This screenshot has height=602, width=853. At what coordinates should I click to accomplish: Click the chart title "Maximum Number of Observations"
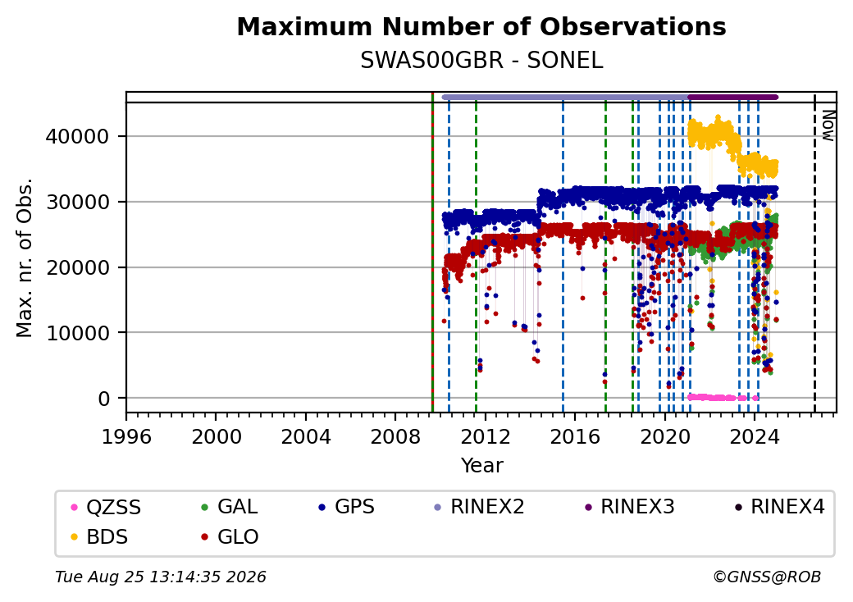tap(481, 26)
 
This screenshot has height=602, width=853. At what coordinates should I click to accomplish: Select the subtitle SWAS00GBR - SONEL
tap(481, 61)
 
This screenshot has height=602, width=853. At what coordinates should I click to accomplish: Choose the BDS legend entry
tap(100, 536)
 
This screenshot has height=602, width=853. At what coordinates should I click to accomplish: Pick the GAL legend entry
tap(230, 507)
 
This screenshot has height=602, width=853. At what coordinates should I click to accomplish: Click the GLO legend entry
tap(230, 536)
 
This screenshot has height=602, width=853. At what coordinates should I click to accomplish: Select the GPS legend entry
tap(346, 507)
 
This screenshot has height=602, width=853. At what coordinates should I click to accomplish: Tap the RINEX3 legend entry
tap(629, 507)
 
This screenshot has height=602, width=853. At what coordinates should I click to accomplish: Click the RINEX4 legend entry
tap(779, 507)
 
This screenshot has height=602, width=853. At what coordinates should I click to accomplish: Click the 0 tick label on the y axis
tap(104, 399)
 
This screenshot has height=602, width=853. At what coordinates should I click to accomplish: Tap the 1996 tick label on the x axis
tap(127, 436)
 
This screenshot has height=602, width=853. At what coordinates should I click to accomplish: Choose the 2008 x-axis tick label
tap(395, 436)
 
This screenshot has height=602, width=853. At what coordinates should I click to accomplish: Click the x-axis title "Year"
tap(482, 466)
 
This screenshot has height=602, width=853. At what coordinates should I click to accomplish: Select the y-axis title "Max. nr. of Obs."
tap(25, 258)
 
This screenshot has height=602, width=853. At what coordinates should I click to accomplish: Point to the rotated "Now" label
tap(828, 125)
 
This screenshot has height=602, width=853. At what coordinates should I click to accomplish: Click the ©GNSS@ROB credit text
tap(767, 577)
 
